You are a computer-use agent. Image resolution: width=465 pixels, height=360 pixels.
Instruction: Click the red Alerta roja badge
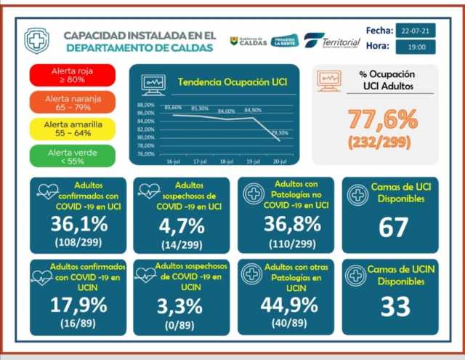point(73,76)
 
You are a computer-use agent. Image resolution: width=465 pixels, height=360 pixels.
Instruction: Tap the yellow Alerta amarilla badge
point(73,129)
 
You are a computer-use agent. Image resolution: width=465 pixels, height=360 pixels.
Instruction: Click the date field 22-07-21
point(416,31)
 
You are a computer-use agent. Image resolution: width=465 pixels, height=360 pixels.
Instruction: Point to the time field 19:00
point(416,47)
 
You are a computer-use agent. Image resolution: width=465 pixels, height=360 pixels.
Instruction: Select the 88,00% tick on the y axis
point(145,105)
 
